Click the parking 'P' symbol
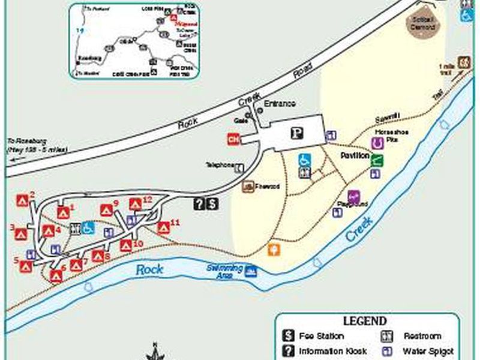point(296,134)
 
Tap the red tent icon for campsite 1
point(63,212)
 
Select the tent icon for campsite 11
point(163,228)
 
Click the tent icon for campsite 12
point(136,205)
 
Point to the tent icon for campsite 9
point(106,211)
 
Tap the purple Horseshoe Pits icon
point(377,143)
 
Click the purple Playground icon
point(353,196)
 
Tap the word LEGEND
point(364,322)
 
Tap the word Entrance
point(280,104)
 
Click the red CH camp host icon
point(233,139)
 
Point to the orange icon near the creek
point(274,248)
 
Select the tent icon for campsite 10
point(125,245)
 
